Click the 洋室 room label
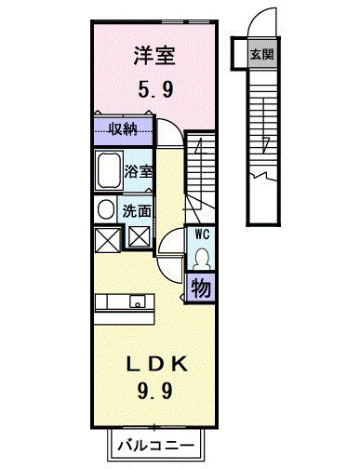click(x=154, y=56)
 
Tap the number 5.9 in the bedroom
click(x=154, y=91)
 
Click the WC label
click(x=202, y=235)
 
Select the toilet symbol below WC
click(x=202, y=258)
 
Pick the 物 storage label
click(x=201, y=288)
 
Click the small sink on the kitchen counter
click(x=138, y=302)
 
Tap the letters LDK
click(x=154, y=361)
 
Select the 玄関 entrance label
click(x=261, y=54)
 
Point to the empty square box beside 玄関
click(x=238, y=54)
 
